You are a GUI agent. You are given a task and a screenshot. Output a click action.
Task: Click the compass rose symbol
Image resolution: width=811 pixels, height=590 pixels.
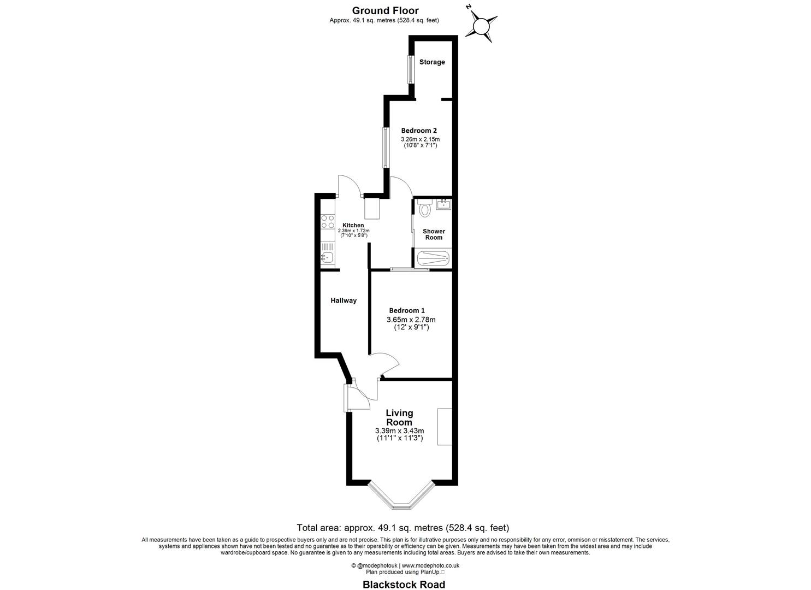pyautogui.click(x=481, y=26)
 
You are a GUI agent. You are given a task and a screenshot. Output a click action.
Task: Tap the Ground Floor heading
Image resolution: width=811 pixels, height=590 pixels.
pyautogui.click(x=384, y=10)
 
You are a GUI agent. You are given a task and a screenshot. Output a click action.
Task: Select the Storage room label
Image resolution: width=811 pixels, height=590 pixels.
pyautogui.click(x=432, y=62)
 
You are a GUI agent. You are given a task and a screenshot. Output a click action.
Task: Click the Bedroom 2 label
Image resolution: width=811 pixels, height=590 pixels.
pyautogui.click(x=419, y=131)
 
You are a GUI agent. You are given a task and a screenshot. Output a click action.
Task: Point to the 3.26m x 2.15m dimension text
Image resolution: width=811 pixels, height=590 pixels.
pyautogui.click(x=419, y=139)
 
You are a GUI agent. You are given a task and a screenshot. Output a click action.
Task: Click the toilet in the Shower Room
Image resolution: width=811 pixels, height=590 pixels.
pyautogui.click(x=425, y=208)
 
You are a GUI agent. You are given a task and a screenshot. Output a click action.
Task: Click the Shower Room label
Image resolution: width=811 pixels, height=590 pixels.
pyautogui.click(x=434, y=234)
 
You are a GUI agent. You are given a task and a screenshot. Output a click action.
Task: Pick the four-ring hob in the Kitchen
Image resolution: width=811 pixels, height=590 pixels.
pyautogui.click(x=328, y=221)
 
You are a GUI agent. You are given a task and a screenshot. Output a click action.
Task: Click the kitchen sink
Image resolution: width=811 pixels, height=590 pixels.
pyautogui.click(x=327, y=257)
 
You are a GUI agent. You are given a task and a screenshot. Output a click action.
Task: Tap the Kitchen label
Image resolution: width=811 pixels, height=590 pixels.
pyautogui.click(x=353, y=226)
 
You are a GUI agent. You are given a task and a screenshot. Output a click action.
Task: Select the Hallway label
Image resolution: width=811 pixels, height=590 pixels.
pyautogui.click(x=344, y=300)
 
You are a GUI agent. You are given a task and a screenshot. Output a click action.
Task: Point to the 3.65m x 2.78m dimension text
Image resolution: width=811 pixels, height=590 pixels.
pyautogui.click(x=411, y=320)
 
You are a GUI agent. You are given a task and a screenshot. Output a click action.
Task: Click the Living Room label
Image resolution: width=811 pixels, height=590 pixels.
pyautogui.click(x=399, y=417)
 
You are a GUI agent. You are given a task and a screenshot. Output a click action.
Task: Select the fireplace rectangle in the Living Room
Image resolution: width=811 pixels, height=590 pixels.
pyautogui.click(x=444, y=427)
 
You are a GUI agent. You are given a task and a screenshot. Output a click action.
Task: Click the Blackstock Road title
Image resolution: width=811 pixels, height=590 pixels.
pyautogui.click(x=404, y=585)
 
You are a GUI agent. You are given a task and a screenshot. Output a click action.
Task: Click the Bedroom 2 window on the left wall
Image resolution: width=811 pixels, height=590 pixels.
pyautogui.click(x=385, y=147)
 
